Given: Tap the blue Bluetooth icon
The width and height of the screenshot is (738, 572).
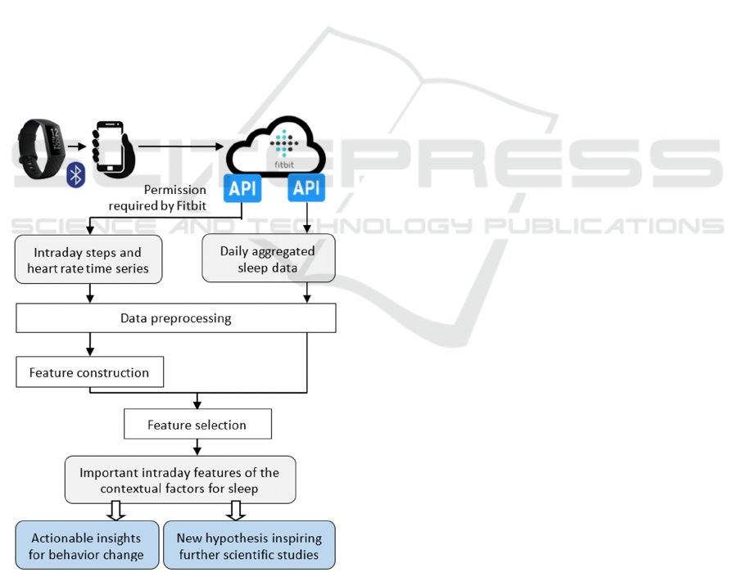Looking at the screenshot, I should pyautogui.click(x=76, y=174).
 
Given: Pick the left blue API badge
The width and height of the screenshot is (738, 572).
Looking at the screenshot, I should pyautogui.click(x=242, y=187).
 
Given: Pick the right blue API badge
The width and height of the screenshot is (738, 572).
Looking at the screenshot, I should pyautogui.click(x=306, y=187).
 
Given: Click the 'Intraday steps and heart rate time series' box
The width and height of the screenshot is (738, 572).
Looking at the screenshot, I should pyautogui.click(x=88, y=260).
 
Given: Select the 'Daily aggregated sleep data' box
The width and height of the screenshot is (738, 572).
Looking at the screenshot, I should pyautogui.click(x=268, y=259).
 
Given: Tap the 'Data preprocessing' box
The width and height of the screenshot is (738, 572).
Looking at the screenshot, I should pyautogui.click(x=175, y=318).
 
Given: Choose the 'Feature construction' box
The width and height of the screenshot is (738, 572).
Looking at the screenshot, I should pyautogui.click(x=89, y=372).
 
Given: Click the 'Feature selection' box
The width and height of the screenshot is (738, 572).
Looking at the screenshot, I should pyautogui.click(x=197, y=425).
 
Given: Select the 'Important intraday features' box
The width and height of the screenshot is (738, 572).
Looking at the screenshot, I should pyautogui.click(x=179, y=480).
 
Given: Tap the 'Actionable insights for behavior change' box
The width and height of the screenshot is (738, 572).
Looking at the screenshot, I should pyautogui.click(x=86, y=546).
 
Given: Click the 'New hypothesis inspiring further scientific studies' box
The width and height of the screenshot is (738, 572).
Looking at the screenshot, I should pyautogui.click(x=249, y=546).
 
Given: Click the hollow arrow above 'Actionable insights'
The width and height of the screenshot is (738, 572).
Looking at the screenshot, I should pyautogui.click(x=115, y=511).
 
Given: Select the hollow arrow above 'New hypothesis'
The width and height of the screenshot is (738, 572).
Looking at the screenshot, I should pyautogui.click(x=236, y=511).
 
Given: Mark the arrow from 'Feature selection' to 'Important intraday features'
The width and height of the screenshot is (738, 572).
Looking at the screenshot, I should pyautogui.click(x=197, y=448).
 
